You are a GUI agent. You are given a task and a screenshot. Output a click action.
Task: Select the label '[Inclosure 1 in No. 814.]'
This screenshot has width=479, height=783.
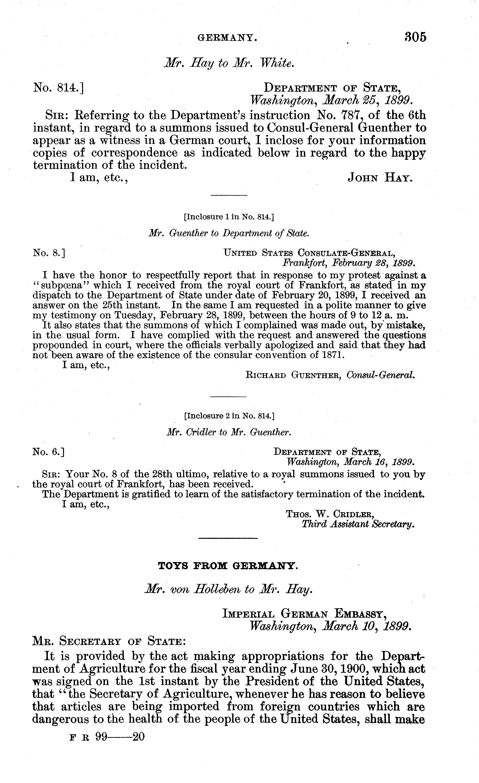[x=229, y=217]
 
